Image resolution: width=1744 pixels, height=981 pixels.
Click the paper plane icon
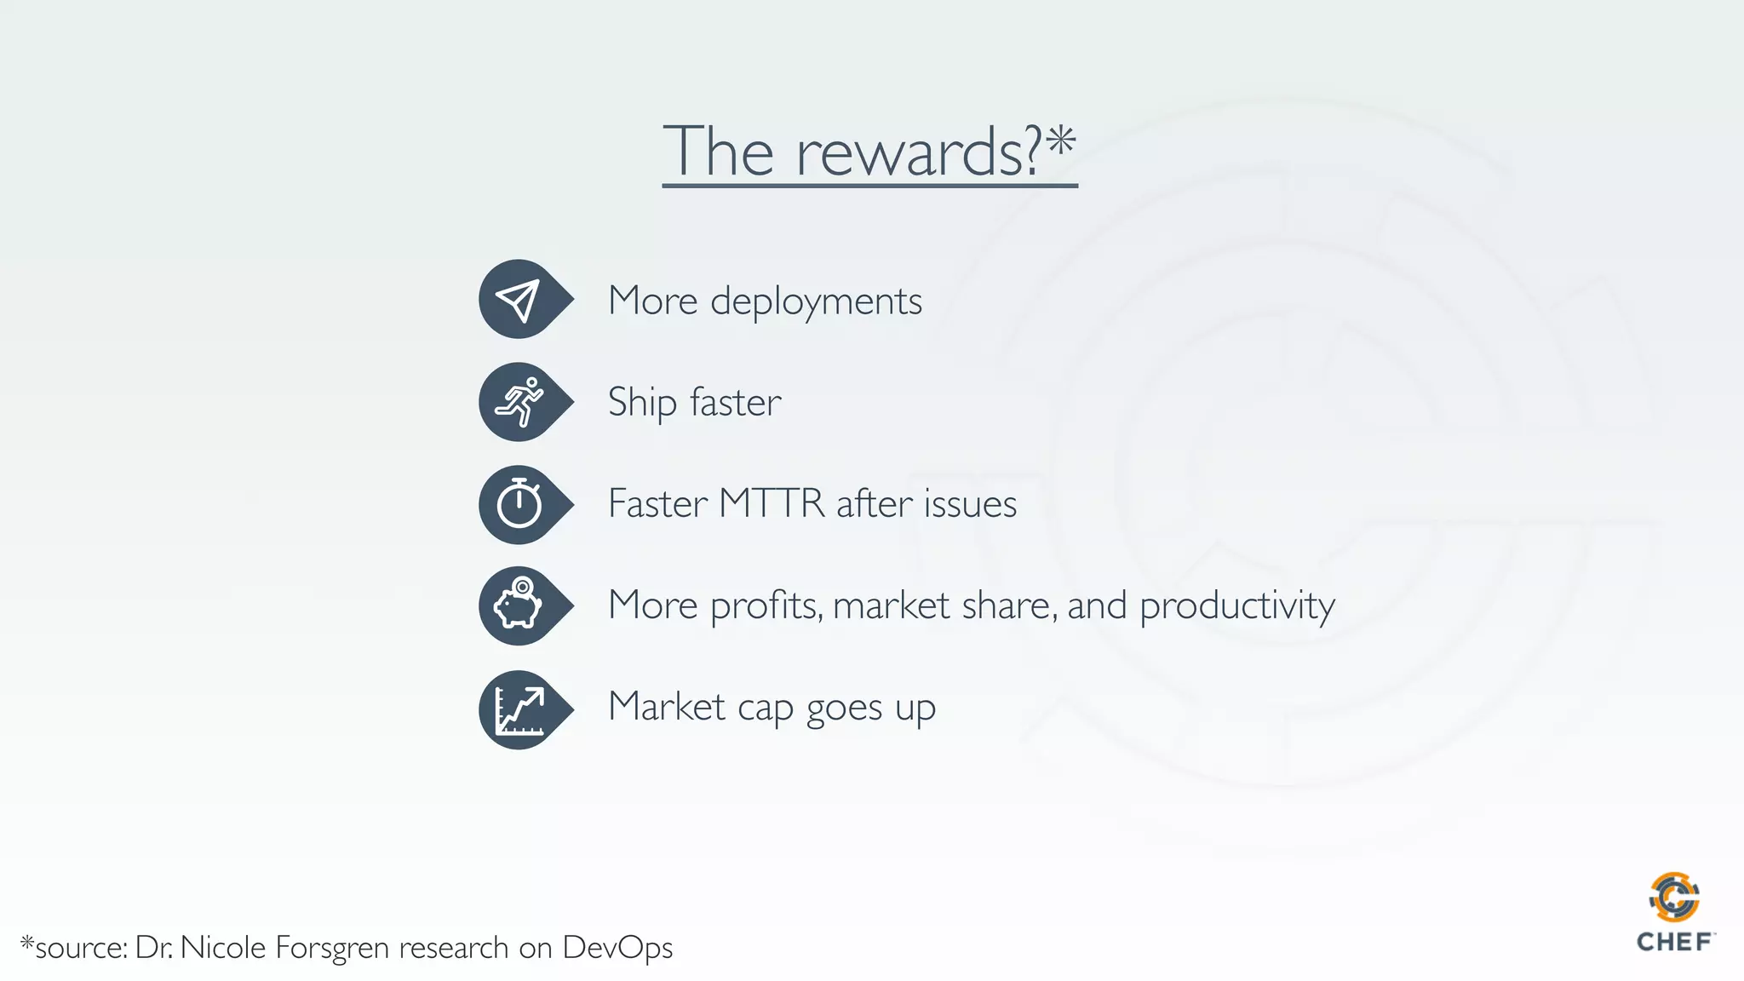519,300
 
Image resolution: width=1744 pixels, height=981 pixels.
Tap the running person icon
519,402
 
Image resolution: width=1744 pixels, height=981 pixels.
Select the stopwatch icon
519,504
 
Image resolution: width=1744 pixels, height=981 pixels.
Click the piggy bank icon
519,605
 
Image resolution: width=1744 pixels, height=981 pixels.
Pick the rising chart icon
519,709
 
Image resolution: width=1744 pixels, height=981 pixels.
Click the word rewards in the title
918,153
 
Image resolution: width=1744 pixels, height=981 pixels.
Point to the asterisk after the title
1061,141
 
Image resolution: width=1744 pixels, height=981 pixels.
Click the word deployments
816,301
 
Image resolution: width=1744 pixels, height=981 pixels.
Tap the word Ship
642,403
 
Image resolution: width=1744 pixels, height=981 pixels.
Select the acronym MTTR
772,503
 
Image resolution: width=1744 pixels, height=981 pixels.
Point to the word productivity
1236,606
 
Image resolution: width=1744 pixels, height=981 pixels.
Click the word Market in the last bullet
667,707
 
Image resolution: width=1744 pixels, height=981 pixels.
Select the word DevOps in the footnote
617,948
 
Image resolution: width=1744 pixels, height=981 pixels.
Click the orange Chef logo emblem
1673,897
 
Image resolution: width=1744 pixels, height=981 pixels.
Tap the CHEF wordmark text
1674,943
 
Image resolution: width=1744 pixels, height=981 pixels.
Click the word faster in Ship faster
735,403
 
